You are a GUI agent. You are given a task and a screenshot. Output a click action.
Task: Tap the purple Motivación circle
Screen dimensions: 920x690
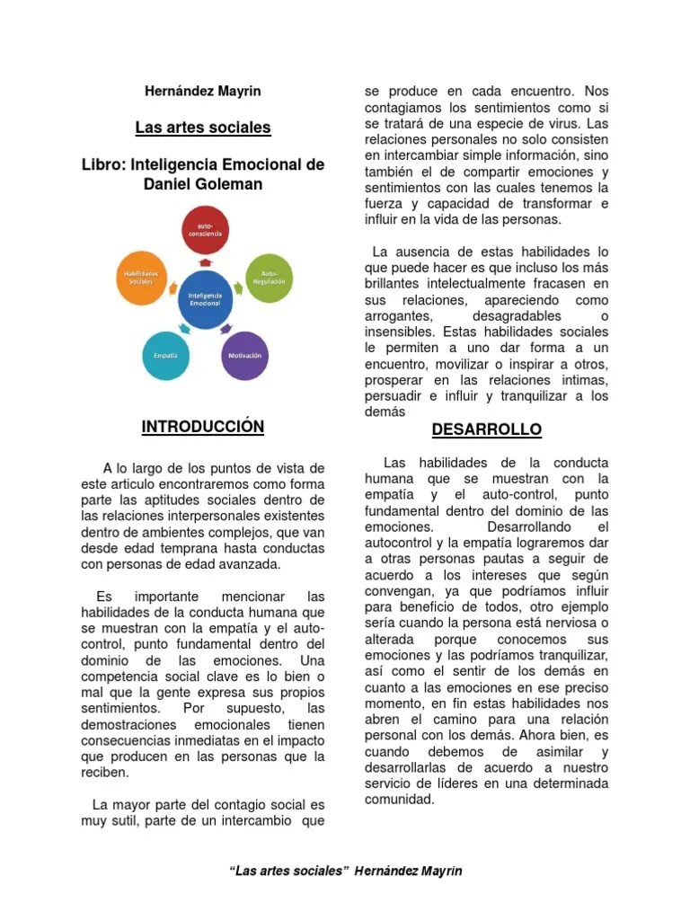[x=244, y=356]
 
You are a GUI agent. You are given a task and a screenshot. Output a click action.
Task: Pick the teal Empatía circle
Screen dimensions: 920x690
[x=165, y=356]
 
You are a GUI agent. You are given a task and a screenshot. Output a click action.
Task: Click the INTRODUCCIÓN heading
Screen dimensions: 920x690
[x=202, y=427]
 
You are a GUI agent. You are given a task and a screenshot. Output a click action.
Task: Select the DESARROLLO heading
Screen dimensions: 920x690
[x=486, y=430]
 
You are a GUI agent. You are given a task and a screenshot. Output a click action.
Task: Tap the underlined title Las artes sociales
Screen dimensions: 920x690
[x=202, y=128]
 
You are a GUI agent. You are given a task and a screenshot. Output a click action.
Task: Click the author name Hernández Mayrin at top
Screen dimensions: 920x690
[x=202, y=91]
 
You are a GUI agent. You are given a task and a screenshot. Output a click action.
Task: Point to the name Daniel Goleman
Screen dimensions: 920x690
[x=202, y=184]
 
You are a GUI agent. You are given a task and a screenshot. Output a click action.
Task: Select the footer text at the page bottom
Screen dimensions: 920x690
[x=346, y=871]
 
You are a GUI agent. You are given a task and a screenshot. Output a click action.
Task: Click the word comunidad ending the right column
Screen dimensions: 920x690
[x=399, y=799]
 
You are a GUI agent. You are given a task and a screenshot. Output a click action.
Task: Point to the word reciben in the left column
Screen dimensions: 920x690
[x=104, y=773]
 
